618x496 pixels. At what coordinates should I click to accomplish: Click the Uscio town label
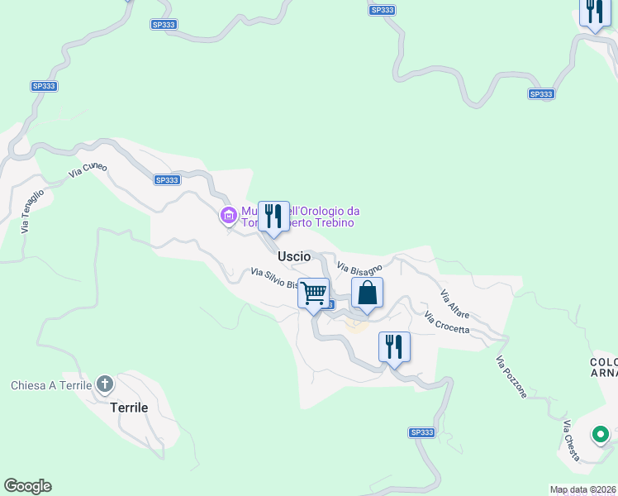294,256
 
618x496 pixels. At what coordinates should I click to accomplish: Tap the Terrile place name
130,408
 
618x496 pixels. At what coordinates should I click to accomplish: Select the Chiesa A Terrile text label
51,385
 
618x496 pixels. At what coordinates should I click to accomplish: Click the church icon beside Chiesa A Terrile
105,384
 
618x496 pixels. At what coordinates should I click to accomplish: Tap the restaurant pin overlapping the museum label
273,217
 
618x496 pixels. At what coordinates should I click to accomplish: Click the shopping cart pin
314,293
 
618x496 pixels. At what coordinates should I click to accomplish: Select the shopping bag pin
368,293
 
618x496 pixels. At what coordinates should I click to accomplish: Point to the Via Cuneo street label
88,169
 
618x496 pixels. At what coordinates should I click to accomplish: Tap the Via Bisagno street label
359,267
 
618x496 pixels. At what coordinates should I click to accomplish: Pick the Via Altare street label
455,302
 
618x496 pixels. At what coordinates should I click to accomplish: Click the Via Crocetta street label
447,322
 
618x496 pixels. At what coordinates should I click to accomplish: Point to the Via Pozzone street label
511,377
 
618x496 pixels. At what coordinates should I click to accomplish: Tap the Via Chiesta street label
571,441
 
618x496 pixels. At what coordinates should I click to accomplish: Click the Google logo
27,486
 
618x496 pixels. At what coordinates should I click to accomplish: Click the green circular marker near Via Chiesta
601,434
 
